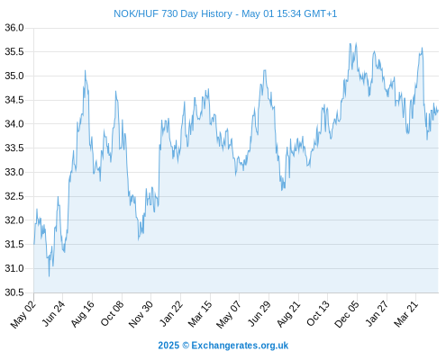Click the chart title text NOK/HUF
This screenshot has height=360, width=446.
(x=136, y=13)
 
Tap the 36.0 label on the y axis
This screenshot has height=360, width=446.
(x=14, y=28)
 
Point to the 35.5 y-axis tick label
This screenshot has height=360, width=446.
(x=14, y=52)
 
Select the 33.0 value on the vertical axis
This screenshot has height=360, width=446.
(x=14, y=172)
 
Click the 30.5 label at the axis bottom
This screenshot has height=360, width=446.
(x=14, y=292)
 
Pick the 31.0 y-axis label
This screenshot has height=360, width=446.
(x=14, y=268)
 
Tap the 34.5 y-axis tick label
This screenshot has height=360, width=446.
(x=14, y=100)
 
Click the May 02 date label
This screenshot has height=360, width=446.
(x=23, y=314)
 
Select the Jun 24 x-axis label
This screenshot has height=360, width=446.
(x=53, y=313)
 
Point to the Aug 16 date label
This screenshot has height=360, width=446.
(x=83, y=314)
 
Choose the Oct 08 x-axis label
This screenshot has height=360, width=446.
(x=112, y=314)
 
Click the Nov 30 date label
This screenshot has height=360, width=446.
(x=141, y=314)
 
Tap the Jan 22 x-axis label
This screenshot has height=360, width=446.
(x=171, y=313)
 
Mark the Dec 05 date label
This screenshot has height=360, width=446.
(x=347, y=314)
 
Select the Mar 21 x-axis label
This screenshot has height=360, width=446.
(x=406, y=314)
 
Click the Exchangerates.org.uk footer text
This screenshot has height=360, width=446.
(x=240, y=346)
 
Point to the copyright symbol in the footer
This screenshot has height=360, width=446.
(x=186, y=346)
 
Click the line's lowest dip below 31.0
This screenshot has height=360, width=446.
(x=49, y=276)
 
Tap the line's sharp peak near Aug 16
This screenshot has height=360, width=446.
(x=85, y=70)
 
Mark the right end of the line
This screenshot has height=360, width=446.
(x=438, y=111)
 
